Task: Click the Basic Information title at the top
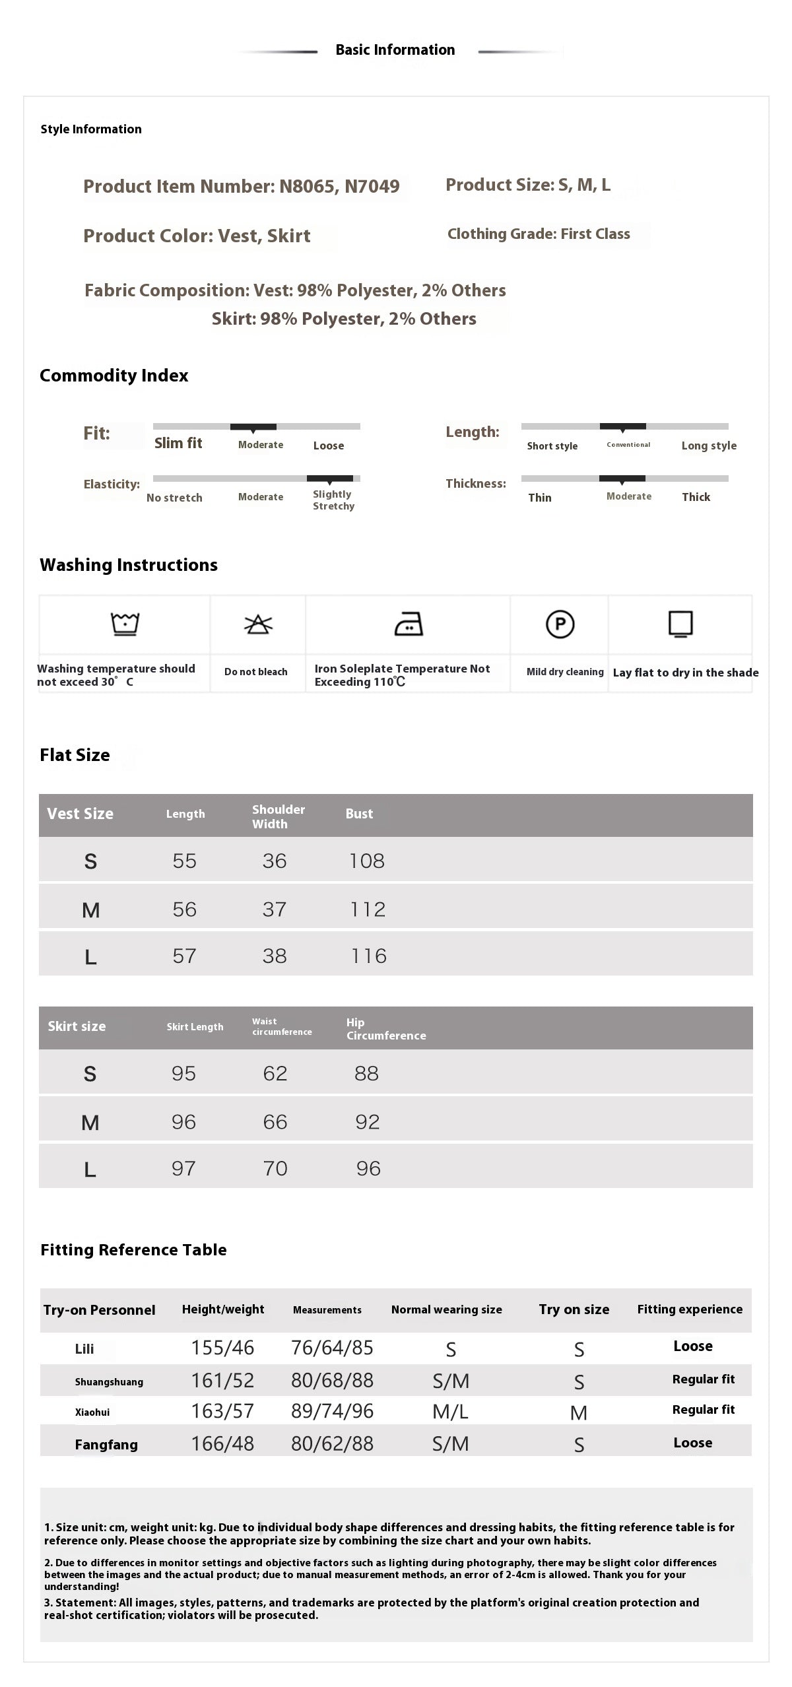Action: (x=395, y=50)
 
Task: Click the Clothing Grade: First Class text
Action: (x=539, y=234)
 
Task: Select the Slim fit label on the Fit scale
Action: (x=178, y=444)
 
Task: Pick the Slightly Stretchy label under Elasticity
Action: (x=333, y=500)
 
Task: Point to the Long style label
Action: (x=709, y=446)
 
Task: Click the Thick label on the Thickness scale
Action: (x=696, y=498)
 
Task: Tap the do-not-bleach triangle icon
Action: (x=258, y=624)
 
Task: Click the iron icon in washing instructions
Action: (x=409, y=624)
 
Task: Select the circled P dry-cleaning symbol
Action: (x=560, y=624)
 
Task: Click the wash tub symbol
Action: (x=125, y=624)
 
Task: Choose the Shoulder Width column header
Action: (x=278, y=816)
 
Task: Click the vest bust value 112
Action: (x=368, y=910)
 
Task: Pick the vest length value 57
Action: (x=184, y=956)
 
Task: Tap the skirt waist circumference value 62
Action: (x=275, y=1074)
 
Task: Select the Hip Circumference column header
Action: (x=385, y=1029)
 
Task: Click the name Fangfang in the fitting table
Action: (x=106, y=1445)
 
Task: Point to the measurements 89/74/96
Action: (x=332, y=1411)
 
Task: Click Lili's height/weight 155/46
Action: (x=222, y=1348)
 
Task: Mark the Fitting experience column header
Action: (x=689, y=1309)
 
